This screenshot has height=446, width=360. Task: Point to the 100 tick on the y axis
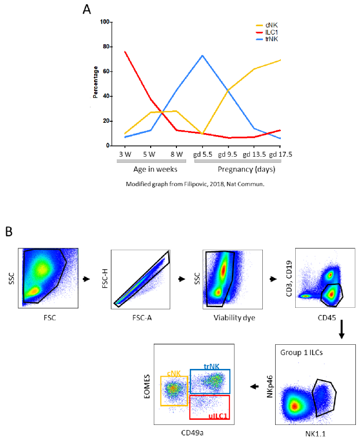105,22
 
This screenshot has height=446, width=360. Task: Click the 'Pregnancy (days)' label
238,169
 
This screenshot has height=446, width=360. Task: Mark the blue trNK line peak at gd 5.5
203,55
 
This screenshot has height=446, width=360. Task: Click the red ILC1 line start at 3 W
124,51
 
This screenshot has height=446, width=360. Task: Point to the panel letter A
87,9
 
